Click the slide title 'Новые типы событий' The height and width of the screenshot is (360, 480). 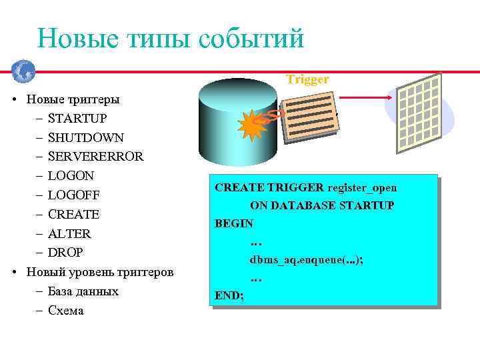pos(171,38)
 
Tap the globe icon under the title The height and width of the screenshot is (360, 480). pos(23,70)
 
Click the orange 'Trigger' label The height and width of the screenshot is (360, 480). pos(307,79)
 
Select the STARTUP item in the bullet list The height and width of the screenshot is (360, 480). pos(77,119)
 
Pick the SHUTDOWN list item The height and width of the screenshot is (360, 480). pos(85,138)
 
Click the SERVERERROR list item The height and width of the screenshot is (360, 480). pos(95,157)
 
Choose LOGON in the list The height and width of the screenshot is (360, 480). pos(71,176)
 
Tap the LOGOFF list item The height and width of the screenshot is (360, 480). pos(74,195)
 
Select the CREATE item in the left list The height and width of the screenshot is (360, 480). pos(73,215)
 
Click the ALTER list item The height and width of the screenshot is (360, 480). pos(69,234)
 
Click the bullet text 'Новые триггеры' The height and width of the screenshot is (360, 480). pos(73,99)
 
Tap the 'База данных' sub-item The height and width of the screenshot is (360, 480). pos(83,291)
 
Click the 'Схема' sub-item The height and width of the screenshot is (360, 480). pos(66,311)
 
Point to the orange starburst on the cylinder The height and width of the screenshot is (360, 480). pos(253,125)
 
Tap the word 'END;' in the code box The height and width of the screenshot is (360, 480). pos(229,294)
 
